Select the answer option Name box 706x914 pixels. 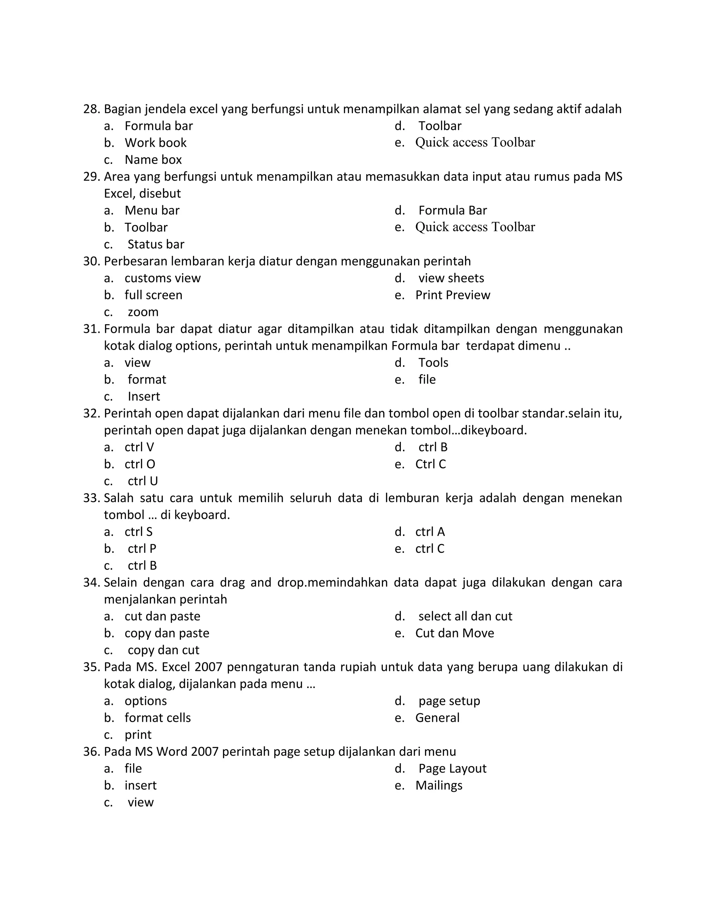tap(153, 160)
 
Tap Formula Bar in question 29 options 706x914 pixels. tap(453, 210)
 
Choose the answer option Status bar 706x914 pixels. tap(155, 245)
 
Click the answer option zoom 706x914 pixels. tap(143, 312)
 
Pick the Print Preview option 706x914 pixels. tap(453, 295)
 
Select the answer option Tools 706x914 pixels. tap(433, 363)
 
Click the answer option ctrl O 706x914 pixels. tap(140, 464)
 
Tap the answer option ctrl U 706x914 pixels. tap(143, 481)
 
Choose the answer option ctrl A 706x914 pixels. tap(430, 532)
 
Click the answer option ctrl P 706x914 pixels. tap(142, 549)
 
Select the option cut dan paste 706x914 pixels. tap(162, 616)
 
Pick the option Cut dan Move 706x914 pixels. tap(455, 633)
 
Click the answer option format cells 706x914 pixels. tap(158, 718)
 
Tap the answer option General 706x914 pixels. tap(437, 718)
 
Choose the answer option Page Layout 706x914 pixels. tap(453, 768)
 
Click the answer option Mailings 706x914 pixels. tap(439, 785)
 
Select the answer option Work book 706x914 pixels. tap(155, 143)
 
